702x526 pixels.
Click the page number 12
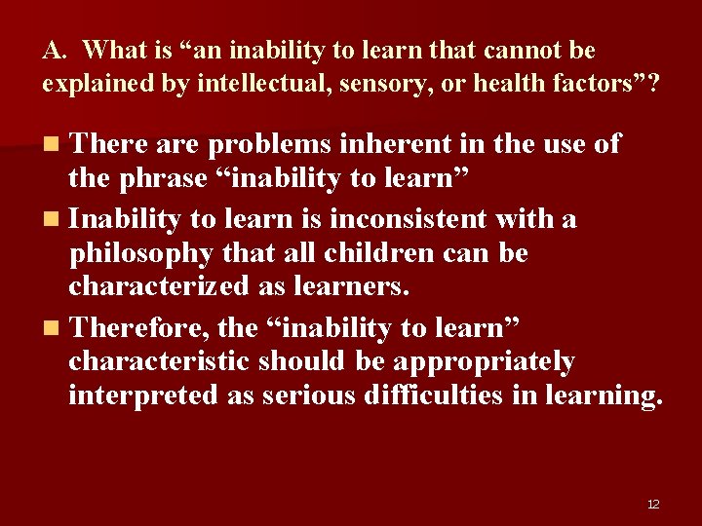point(653,504)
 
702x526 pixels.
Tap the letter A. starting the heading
point(54,50)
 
